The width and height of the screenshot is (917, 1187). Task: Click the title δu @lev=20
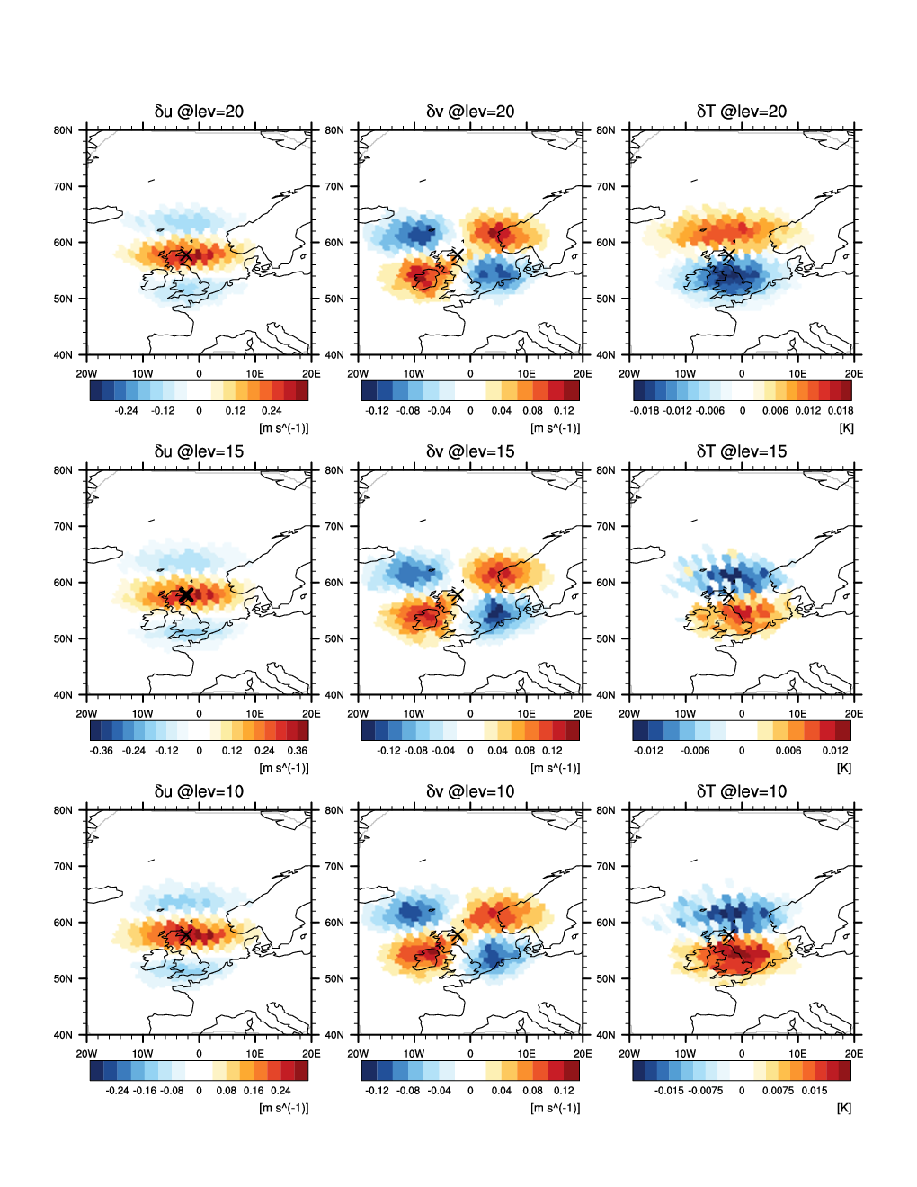point(199,112)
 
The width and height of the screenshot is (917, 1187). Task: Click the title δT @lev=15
point(742,451)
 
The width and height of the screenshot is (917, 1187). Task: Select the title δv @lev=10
point(470,791)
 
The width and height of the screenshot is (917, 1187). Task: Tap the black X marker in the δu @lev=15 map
point(186,595)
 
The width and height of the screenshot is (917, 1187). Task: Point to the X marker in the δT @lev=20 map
point(728,256)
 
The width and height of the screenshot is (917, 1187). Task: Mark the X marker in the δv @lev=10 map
point(457,936)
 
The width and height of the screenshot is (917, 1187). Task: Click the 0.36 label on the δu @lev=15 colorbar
point(297,751)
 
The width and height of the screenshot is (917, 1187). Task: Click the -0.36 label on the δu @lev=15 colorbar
point(102,751)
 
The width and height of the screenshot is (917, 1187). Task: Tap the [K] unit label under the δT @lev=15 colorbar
point(844,768)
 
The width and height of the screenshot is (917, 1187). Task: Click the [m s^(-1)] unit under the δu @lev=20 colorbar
point(284,428)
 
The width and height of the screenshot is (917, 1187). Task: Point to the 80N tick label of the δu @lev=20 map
point(63,130)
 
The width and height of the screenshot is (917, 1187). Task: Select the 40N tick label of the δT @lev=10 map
point(606,1035)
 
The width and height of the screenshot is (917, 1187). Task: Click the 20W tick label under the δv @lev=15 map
point(358,714)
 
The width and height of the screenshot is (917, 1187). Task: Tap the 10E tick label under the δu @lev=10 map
point(255,1054)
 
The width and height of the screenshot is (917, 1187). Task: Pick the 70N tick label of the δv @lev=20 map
point(334,187)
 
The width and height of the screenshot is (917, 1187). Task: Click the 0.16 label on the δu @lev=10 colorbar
point(254,1091)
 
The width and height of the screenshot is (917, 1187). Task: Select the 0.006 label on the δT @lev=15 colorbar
point(788,751)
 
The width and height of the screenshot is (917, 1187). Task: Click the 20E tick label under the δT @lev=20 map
point(854,374)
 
